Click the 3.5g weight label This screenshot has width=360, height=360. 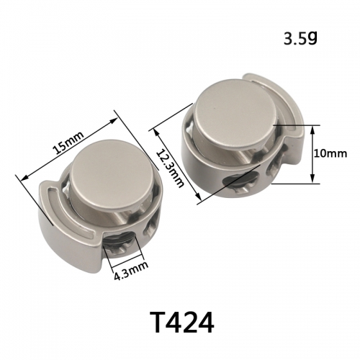tap(300, 39)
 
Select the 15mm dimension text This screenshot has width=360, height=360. tap(68, 143)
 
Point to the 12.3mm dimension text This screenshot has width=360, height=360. tap(171, 168)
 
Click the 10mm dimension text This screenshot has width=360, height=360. tap(330, 153)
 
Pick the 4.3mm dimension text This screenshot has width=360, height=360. tap(131, 271)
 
